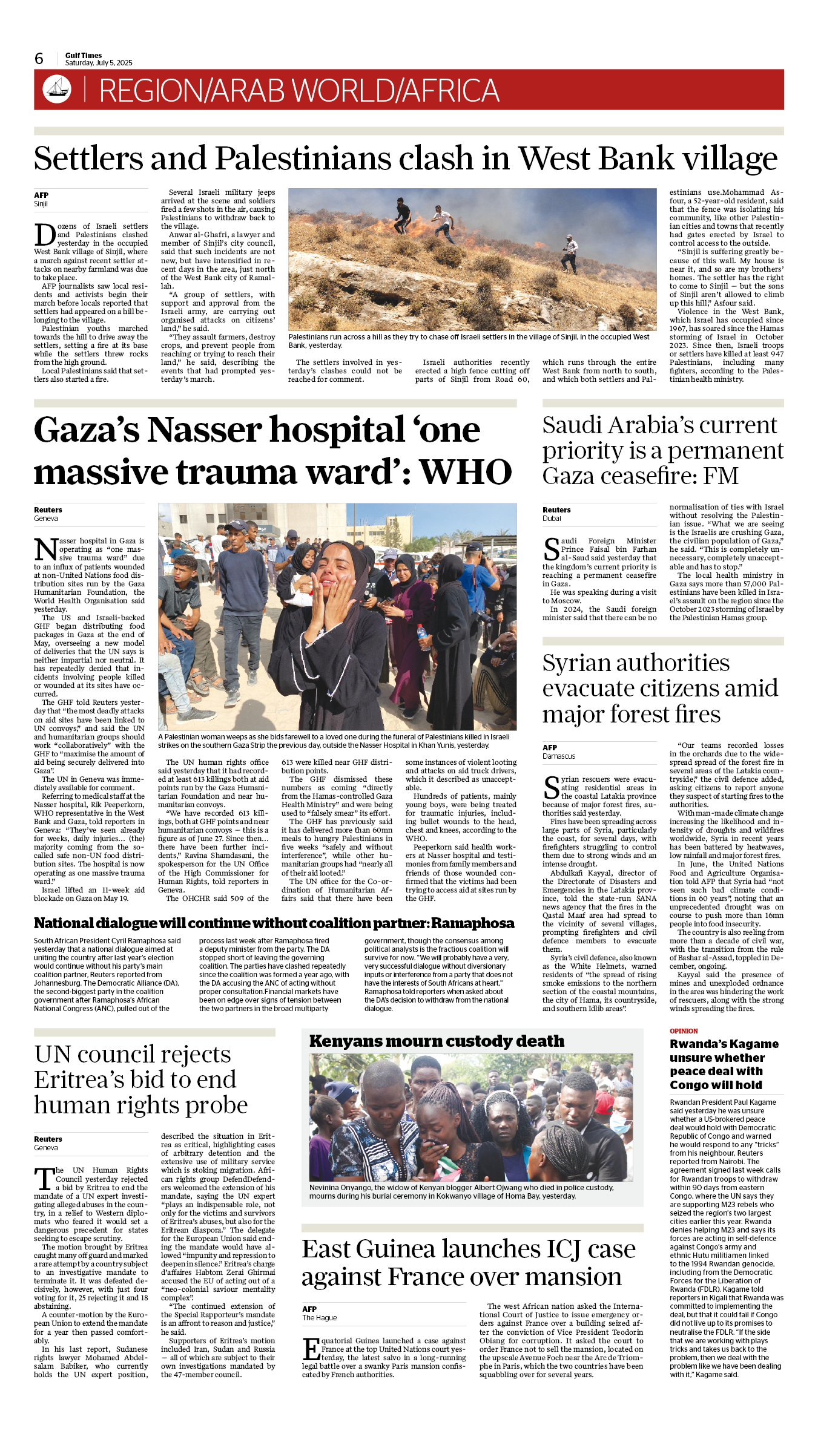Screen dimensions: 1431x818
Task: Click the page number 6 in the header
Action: point(39,59)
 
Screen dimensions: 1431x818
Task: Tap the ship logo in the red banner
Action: point(57,89)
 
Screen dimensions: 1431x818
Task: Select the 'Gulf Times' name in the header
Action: point(84,55)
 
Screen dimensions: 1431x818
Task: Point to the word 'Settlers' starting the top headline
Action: point(88,159)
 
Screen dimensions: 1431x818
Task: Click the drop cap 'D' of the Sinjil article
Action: point(45,235)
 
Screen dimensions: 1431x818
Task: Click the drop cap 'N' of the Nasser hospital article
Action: point(46,550)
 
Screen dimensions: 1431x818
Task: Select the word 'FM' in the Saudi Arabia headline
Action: point(721,476)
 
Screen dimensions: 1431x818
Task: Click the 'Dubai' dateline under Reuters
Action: point(552,519)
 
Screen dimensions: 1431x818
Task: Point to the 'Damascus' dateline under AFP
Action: point(559,756)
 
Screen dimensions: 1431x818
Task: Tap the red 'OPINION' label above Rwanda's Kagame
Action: point(684,1031)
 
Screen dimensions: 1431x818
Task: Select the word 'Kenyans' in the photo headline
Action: point(346,1041)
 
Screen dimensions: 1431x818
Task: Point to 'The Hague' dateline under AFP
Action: point(320,1318)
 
